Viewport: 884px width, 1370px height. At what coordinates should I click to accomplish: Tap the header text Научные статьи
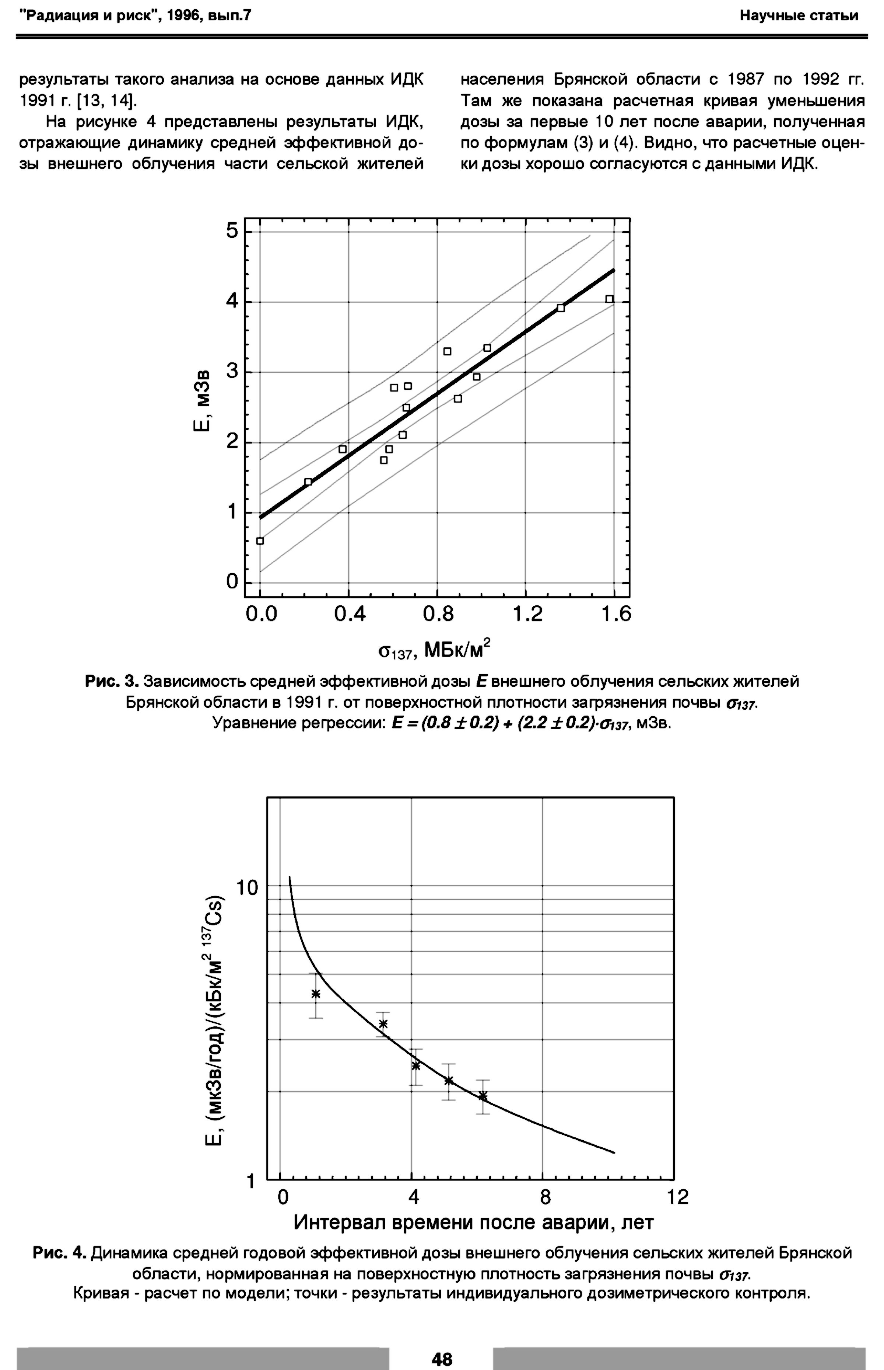coord(799,15)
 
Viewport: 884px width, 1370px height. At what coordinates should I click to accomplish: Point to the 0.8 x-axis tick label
coord(438,615)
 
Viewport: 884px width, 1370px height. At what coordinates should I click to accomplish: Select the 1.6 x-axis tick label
coord(616,615)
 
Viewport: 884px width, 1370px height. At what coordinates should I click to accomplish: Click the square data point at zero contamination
coord(260,540)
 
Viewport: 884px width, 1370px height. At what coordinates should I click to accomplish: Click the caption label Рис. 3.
coord(112,682)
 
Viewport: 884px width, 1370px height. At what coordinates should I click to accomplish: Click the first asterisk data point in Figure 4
coord(316,994)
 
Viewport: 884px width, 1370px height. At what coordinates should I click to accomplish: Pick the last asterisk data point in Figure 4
coord(483,1096)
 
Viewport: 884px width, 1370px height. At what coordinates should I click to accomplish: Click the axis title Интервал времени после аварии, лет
coord(474,1223)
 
